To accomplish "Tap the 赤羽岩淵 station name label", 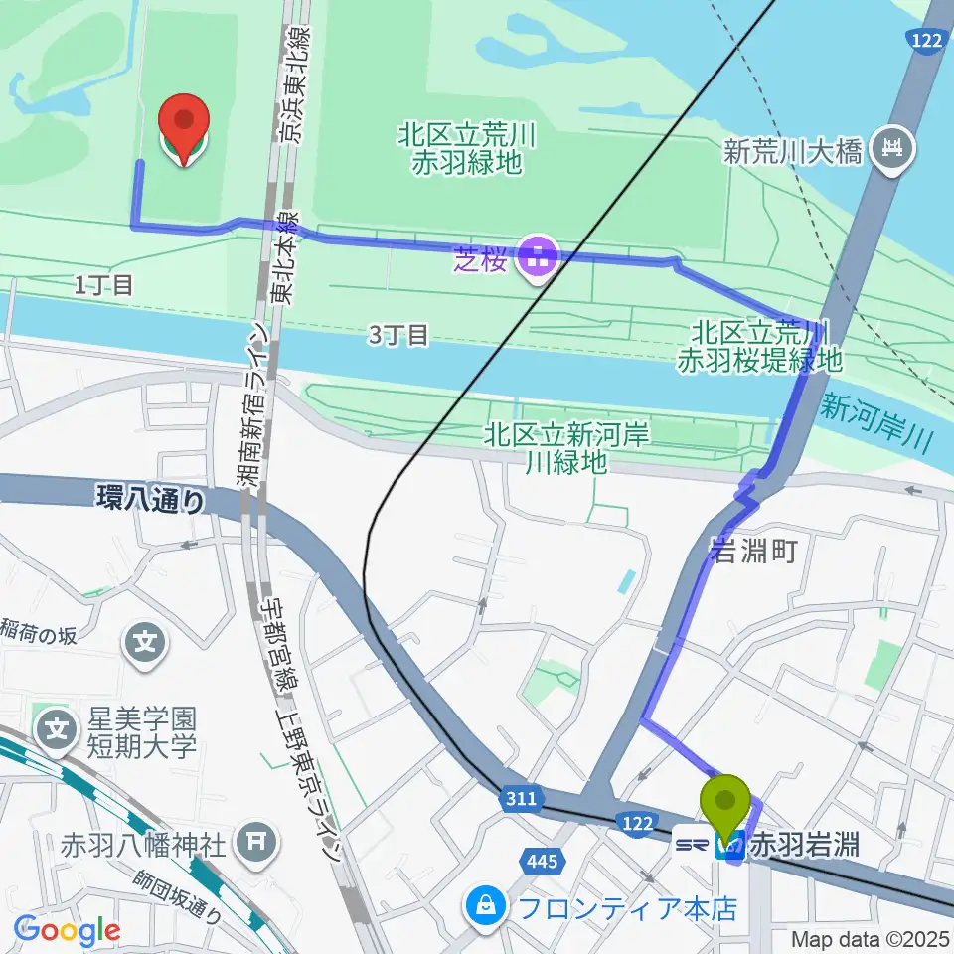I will click(805, 847).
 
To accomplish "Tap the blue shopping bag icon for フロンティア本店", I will click(485, 906).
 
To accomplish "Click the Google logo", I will click(67, 931).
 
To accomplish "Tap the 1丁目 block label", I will click(104, 286).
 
